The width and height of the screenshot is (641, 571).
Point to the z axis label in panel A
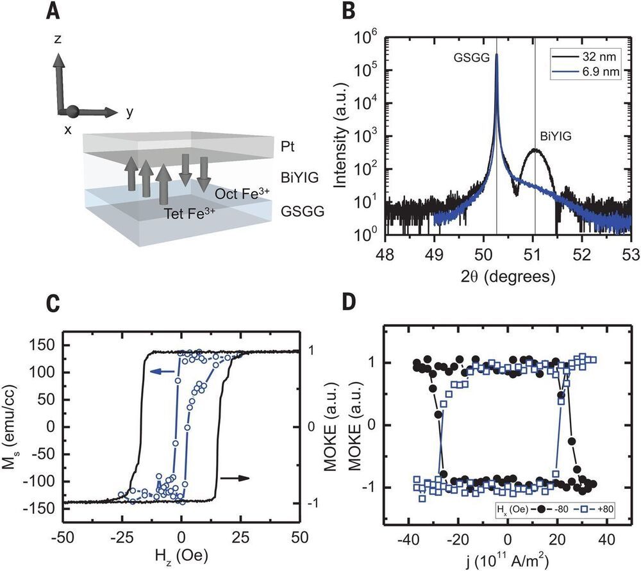pyautogui.click(x=58, y=39)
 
